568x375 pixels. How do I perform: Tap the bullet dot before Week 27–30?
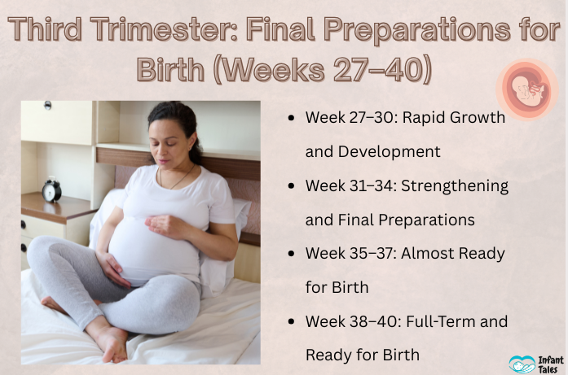click(292, 118)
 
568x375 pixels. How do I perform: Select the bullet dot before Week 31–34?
click(292, 186)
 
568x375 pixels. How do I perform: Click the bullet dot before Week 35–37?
click(292, 254)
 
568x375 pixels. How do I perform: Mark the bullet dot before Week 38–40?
click(292, 321)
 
